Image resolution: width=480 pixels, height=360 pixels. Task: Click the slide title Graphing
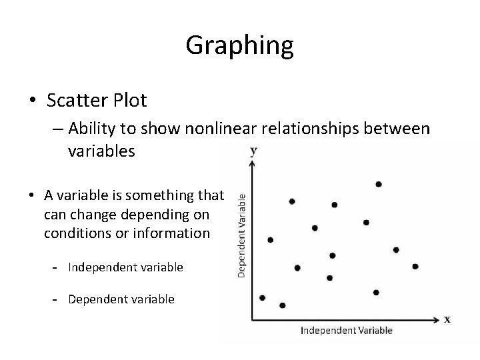coord(239,45)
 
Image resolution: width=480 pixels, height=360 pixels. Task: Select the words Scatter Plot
coord(97,101)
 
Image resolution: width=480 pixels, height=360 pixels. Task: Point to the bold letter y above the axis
coord(253,151)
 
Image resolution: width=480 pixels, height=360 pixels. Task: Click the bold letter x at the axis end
coord(447,319)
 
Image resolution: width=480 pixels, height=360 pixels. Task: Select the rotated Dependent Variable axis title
coord(242,235)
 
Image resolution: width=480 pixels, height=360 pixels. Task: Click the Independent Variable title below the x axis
coord(347,330)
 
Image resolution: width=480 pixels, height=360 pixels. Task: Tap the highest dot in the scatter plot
coord(379,184)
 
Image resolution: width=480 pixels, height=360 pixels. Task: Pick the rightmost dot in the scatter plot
coord(415,266)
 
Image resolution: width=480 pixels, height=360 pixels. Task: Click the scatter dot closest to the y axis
coord(262,297)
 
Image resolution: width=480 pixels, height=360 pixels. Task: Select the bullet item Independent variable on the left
coord(125,267)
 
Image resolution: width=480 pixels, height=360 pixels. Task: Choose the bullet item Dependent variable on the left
coord(121,299)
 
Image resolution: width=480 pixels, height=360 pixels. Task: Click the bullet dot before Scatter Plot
coord(32,101)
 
